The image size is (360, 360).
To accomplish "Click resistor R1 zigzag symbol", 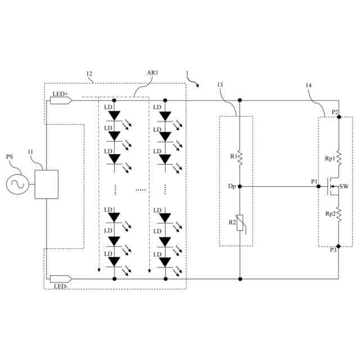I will click(240, 158).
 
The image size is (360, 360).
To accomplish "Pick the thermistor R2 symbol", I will click(240, 223).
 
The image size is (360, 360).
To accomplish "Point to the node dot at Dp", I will click(240, 186).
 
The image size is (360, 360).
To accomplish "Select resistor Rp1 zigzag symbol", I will click(339, 157).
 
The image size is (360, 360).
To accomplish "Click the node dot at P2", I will click(339, 116).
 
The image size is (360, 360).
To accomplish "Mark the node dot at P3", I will click(339, 246).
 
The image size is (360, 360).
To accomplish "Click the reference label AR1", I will click(154, 74).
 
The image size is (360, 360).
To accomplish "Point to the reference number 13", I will click(220, 85).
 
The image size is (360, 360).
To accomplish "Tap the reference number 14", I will click(309, 85).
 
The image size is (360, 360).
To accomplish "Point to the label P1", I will click(314, 181).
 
